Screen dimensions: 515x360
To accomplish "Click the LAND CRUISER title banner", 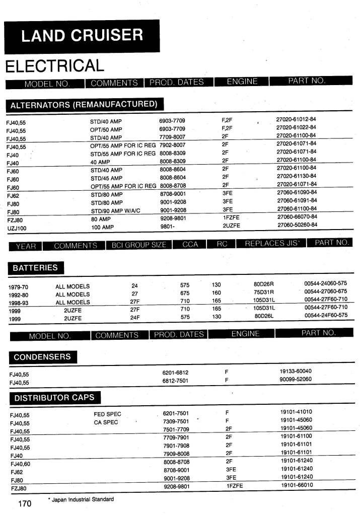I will pos(82,35).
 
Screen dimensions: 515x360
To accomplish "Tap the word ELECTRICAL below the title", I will pos(54,65).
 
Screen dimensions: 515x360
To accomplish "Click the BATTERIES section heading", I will pos(35,268).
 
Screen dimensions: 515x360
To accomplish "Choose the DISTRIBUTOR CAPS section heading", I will pos(54,398).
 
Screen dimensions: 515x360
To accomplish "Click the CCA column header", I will pos(190,245).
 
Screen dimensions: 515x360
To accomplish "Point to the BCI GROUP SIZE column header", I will pos(138,245).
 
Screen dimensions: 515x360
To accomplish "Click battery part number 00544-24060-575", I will pos(326,284).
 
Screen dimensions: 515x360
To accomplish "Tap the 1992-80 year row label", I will pos(19,295).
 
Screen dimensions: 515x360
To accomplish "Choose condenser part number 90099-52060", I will pos(296,379).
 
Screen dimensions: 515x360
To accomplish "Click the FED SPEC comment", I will pos(107,414).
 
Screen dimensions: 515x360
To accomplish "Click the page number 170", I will pos(25,504).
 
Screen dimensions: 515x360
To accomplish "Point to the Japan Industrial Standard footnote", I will pos(81,499).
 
